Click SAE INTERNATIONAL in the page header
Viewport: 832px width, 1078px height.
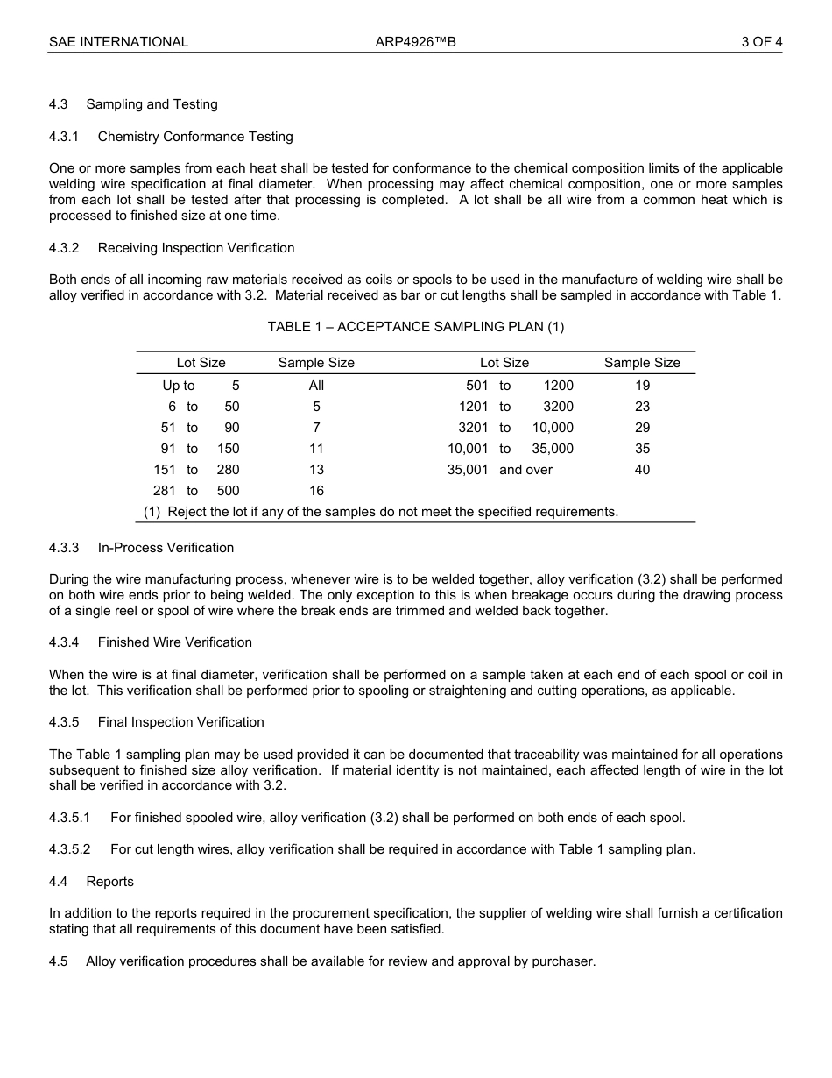pyautogui.click(x=118, y=41)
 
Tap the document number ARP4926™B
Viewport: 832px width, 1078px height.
pyautogui.click(x=415, y=41)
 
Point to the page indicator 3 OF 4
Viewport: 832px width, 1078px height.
pyautogui.click(x=761, y=41)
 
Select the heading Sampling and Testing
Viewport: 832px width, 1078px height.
pyautogui.click(x=152, y=104)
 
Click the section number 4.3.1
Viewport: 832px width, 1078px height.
pyautogui.click(x=64, y=136)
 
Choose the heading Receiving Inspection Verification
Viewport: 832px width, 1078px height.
pyautogui.click(x=196, y=248)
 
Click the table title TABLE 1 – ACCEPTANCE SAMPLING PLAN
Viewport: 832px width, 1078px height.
pyautogui.click(x=415, y=327)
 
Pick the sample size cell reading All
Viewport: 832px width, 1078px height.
pyautogui.click(x=316, y=386)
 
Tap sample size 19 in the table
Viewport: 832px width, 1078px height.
pyautogui.click(x=642, y=386)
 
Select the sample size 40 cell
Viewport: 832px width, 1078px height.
pyautogui.click(x=642, y=470)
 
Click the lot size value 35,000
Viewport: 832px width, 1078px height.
pyautogui.click(x=553, y=449)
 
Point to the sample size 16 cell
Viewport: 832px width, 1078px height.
pyautogui.click(x=316, y=491)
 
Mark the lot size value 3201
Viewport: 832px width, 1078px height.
pyautogui.click(x=473, y=428)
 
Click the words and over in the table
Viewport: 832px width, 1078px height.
pyautogui.click(x=525, y=470)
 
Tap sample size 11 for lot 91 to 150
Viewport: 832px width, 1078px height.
pyautogui.click(x=316, y=449)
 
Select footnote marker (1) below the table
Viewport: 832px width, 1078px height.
pyautogui.click(x=152, y=512)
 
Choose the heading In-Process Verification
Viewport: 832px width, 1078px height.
pyautogui.click(x=166, y=548)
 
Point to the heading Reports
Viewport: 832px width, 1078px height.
pyautogui.click(x=109, y=881)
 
